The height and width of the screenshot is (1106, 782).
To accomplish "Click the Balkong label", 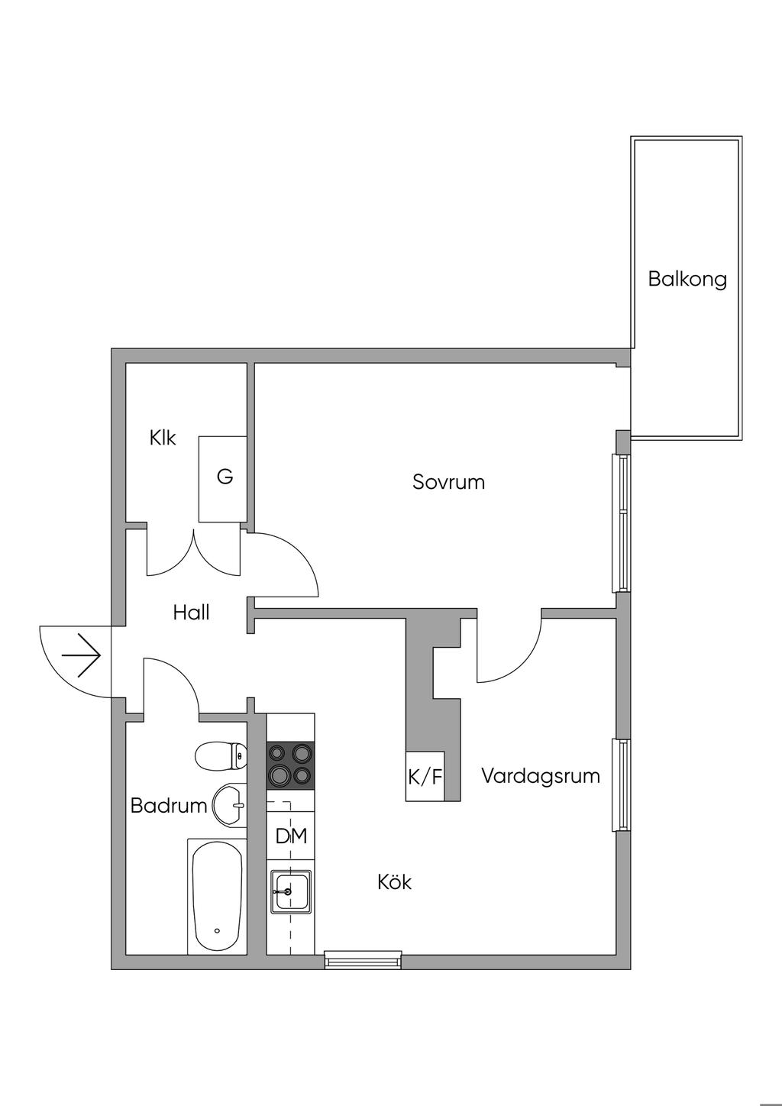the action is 687,280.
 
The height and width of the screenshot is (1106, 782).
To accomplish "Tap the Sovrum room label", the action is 449,482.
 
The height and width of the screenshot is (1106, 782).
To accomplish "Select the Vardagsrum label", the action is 541,776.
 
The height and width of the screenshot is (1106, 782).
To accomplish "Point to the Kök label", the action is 395,882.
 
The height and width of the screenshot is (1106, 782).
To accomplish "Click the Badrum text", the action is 168,807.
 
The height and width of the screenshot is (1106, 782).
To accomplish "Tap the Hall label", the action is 191,613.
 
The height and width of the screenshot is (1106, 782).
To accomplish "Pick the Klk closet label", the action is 163,438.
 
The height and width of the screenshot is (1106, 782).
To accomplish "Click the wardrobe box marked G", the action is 223,479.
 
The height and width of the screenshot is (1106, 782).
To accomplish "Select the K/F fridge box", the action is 425,777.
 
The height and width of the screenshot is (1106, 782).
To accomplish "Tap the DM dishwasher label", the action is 291,836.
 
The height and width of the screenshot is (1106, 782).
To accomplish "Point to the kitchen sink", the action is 291,890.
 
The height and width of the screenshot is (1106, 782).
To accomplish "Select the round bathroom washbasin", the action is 230,805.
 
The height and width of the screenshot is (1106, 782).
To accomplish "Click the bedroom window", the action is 622,523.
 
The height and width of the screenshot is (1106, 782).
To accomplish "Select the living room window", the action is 622,785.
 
